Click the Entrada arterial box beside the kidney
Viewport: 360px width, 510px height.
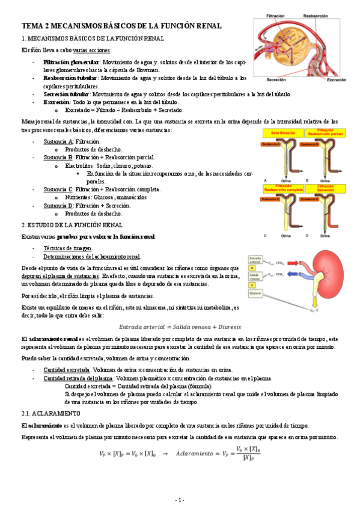point(256,259)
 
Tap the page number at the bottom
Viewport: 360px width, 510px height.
point(180,500)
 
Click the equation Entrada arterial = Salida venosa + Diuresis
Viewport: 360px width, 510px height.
point(180,327)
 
